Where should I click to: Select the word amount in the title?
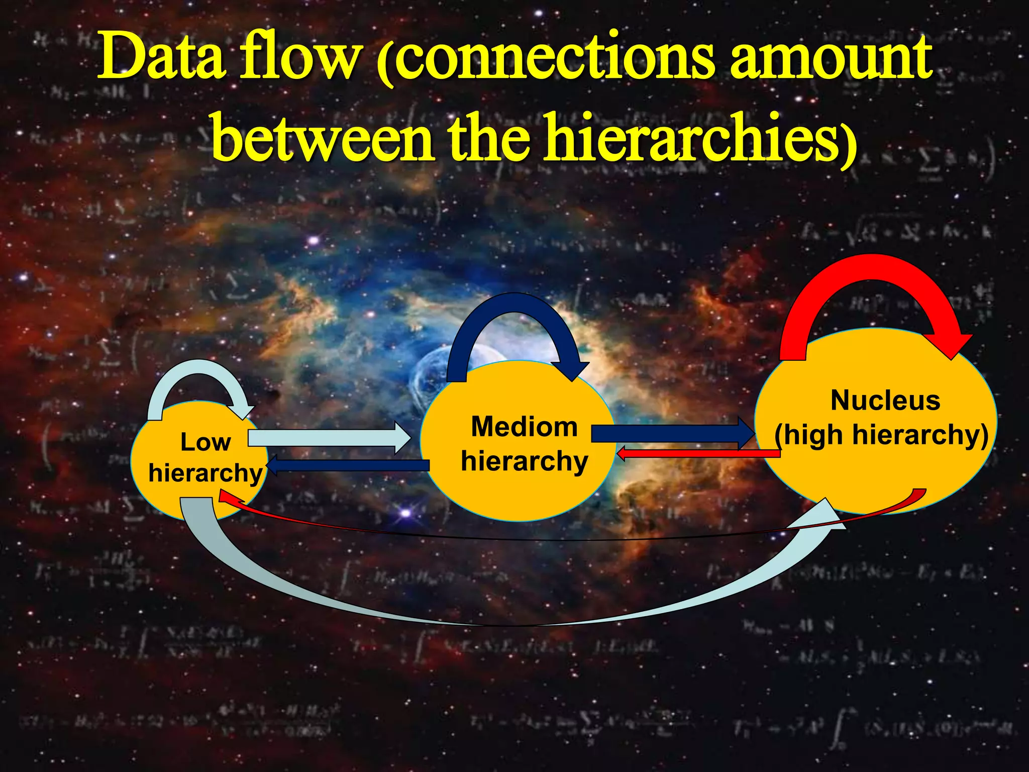(x=831, y=58)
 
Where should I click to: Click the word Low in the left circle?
(x=205, y=442)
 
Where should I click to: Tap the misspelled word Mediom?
(x=524, y=427)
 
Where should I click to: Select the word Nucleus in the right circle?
(x=885, y=401)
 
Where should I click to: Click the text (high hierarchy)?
(x=881, y=435)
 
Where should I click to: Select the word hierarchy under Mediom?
(x=524, y=461)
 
